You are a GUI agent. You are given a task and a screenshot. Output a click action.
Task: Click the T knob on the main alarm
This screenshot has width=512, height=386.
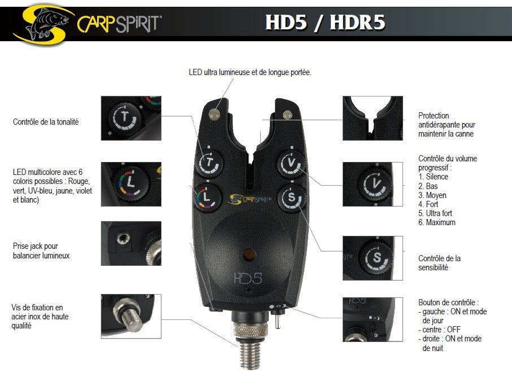[210, 164]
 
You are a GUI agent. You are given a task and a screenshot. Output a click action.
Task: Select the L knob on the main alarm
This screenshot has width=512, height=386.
[207, 197]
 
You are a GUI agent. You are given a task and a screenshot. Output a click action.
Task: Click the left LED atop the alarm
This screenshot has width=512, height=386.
[215, 115]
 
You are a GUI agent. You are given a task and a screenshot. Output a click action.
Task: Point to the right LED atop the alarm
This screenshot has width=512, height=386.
[287, 115]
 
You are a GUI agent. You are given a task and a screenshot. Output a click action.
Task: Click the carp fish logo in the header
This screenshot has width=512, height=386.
[48, 23]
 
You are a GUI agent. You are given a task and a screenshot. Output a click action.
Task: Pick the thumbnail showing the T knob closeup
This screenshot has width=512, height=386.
[131, 119]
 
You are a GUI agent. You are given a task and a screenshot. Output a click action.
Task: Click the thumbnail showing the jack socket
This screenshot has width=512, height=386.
[131, 243]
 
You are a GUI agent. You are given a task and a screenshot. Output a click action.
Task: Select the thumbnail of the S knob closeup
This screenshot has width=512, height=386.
[373, 258]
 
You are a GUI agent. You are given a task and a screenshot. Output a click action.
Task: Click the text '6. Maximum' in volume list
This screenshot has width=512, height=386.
[437, 222]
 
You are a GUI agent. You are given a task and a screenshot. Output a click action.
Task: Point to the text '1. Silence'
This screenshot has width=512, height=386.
[433, 177]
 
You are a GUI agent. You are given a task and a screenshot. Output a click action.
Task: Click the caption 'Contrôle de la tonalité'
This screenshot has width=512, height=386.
[46, 121]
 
